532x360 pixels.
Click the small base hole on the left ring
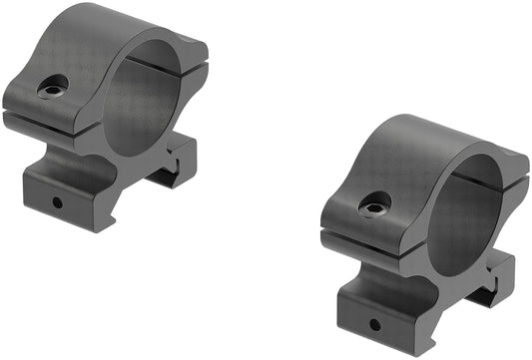point(57,201)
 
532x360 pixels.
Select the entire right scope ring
point(424,234)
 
